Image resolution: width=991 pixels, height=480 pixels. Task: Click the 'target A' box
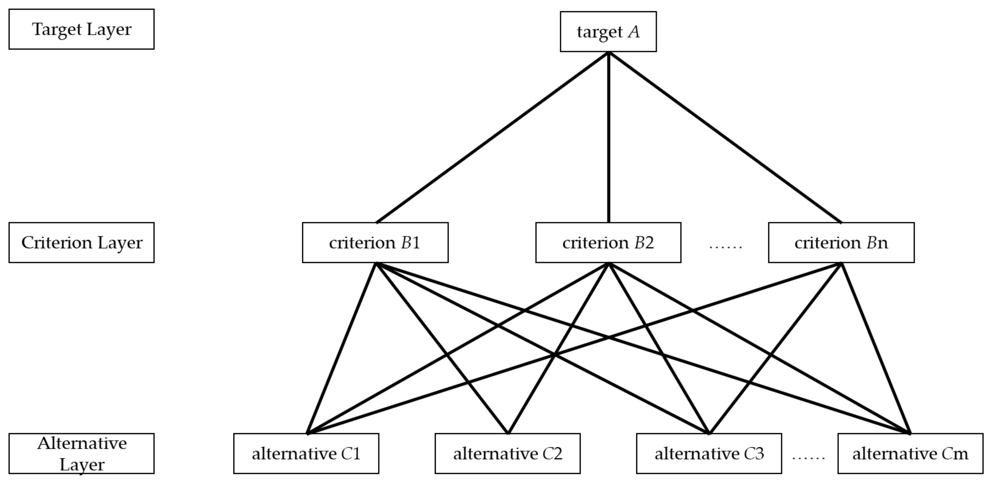608,31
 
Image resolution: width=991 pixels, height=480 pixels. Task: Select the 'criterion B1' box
375,242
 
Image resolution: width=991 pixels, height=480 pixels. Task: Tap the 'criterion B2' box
608,242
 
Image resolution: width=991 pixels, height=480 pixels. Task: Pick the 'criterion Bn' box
841,242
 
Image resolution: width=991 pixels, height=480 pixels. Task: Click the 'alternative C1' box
306,454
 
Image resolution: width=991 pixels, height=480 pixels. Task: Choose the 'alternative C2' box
507,454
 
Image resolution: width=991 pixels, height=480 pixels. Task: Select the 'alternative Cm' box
910,454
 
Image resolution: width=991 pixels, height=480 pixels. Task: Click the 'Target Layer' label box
82,29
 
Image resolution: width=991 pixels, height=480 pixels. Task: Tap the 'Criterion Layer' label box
82,242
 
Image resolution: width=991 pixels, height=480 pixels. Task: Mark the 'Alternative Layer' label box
82,454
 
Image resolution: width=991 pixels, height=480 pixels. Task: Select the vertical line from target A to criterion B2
608,138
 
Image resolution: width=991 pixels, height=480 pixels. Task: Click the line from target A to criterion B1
492,137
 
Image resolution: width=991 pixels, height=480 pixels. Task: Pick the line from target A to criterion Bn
725,137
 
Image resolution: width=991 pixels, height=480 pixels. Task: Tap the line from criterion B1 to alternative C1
342,348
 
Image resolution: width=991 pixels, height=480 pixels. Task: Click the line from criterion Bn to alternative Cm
876,348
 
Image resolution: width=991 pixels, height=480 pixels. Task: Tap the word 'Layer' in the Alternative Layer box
82,465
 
